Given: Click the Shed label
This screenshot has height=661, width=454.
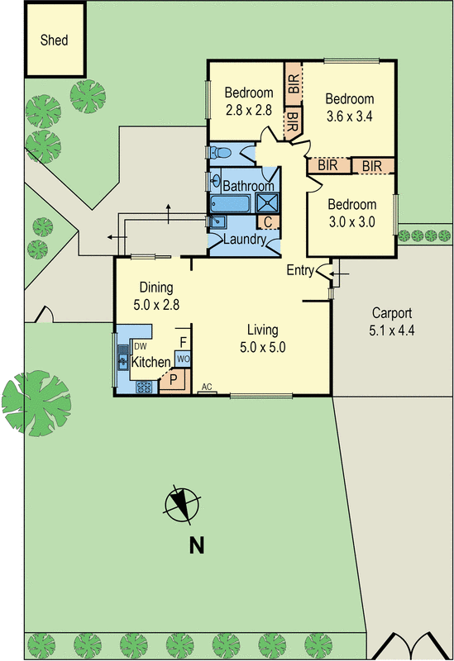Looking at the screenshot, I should [x=55, y=40].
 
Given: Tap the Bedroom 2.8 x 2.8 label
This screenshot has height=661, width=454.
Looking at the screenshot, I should [x=249, y=101].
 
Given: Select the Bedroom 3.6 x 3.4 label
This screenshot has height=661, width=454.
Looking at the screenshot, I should [x=349, y=107].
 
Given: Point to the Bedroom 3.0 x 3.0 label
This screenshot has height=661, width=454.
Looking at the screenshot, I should [x=351, y=212].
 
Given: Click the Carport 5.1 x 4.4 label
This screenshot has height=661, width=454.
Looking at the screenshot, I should [x=392, y=321].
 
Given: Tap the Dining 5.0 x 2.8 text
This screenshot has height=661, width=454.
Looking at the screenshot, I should [x=155, y=295].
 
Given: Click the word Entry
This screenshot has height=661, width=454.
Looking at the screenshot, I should [x=301, y=270].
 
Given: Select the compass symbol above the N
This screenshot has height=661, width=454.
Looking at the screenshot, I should [x=182, y=505].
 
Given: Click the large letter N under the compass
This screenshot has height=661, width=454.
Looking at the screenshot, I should [x=197, y=544].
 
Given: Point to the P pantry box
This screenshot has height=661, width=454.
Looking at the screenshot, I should [x=174, y=380].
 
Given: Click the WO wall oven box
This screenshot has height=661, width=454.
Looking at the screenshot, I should [x=183, y=359].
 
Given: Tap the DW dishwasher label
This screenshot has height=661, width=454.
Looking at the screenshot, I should [x=141, y=346].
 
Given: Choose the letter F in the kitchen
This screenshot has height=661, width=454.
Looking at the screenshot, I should [x=183, y=340].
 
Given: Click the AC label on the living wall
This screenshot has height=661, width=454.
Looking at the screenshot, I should [x=207, y=387].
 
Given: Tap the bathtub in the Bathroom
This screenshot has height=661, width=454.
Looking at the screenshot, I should [x=232, y=203].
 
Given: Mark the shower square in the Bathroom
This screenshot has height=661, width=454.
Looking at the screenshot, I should [x=266, y=203].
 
